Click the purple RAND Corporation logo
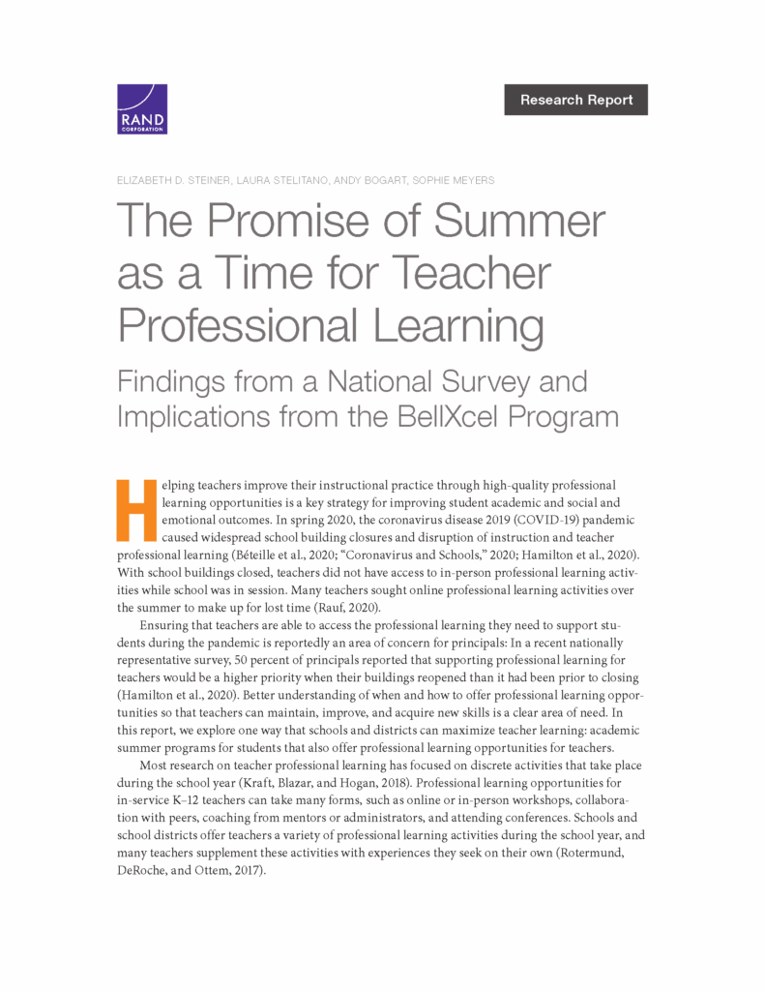(x=142, y=108)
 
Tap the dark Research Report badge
(x=575, y=100)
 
